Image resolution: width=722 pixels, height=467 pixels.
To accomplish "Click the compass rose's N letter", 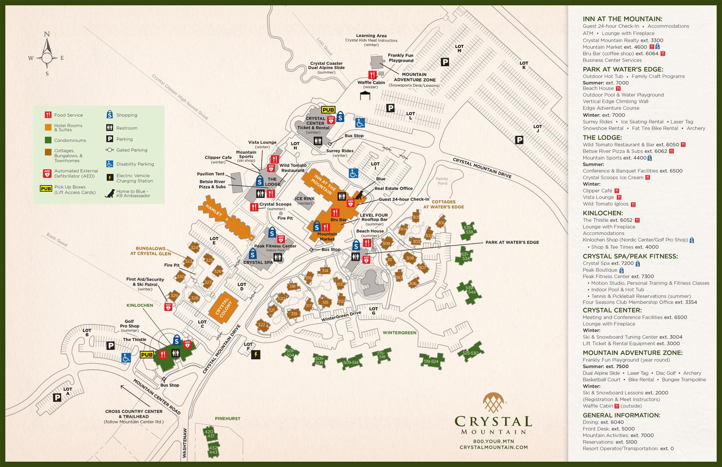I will click(47, 34).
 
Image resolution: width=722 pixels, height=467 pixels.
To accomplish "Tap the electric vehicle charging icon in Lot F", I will click(256, 354).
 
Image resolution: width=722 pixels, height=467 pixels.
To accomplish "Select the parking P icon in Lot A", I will click(57, 397).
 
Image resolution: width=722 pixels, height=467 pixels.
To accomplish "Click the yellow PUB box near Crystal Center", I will click(328, 110).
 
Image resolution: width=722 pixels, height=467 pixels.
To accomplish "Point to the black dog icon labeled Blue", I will click(360, 194).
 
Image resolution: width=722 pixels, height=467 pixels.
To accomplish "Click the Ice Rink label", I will click(305, 199).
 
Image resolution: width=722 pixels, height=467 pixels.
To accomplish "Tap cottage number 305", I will click(416, 217).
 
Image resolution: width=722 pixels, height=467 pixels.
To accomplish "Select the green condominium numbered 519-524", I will click(431, 361).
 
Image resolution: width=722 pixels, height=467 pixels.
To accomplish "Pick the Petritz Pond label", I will click(442, 181).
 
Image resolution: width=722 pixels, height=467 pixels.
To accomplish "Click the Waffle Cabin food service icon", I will click(372, 74).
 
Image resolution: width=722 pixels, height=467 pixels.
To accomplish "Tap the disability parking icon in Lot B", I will click(126, 358).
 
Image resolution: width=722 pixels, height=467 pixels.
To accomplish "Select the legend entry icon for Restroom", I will click(110, 128).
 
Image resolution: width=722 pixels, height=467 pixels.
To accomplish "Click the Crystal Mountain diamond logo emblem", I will click(493, 403).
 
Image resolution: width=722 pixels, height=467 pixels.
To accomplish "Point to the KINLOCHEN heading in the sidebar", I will click(603, 213).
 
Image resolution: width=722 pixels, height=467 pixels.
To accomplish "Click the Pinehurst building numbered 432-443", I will click(213, 450).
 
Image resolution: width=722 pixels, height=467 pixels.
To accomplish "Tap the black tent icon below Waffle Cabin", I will click(365, 96).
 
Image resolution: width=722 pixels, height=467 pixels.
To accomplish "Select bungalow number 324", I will click(194, 247).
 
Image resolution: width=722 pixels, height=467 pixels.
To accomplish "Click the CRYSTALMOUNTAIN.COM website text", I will click(493, 447).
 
